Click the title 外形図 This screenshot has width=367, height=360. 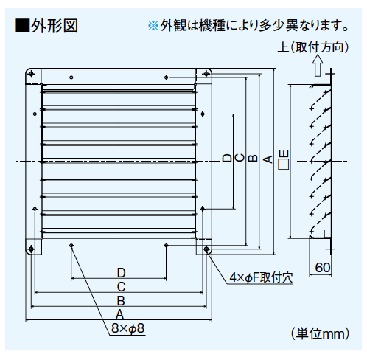(55, 26)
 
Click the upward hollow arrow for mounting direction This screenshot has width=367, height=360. (318, 65)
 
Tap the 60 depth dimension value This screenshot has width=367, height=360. (323, 268)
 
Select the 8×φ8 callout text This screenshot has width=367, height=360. (127, 328)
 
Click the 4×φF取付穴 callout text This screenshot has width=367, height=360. (261, 277)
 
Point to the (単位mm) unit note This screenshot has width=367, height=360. (320, 333)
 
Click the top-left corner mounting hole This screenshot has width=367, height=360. (32, 74)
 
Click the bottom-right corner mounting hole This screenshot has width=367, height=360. (206, 249)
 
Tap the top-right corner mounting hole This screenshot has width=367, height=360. (206, 74)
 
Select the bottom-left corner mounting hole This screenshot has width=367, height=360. (31, 249)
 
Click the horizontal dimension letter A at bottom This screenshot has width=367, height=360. (119, 314)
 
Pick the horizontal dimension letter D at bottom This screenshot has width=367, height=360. (121, 273)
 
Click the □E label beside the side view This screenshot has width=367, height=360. (284, 160)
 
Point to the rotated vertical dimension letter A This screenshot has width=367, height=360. (268, 159)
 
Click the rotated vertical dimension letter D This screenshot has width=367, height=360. (227, 158)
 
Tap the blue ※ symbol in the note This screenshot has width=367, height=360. (153, 26)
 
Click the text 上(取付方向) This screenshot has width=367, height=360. (313, 47)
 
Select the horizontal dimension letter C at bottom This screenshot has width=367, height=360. (121, 287)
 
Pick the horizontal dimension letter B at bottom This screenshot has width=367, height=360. (121, 300)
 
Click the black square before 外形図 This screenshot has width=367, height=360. (22, 26)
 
